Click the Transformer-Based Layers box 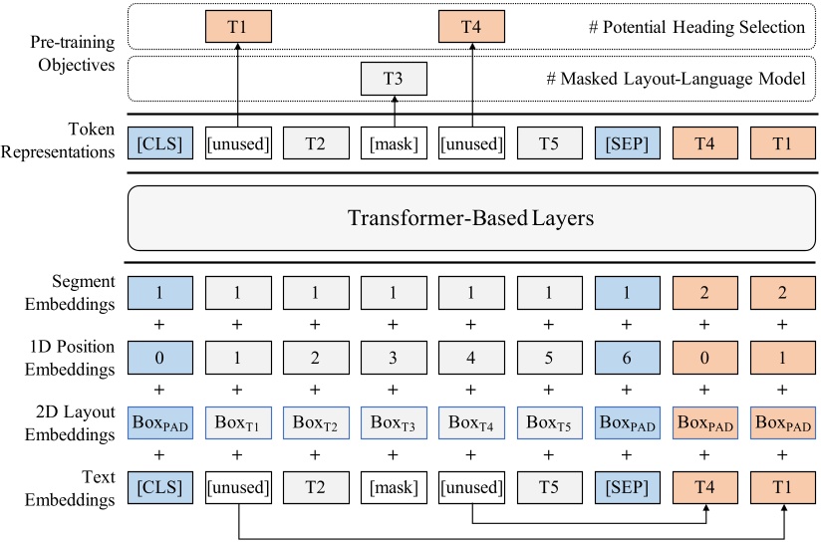[x=470, y=218]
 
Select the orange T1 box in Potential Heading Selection [x=238, y=26]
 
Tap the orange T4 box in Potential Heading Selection [x=471, y=26]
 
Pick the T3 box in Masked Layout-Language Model [x=394, y=79]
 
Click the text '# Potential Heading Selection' [x=696, y=27]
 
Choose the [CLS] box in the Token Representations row [x=160, y=142]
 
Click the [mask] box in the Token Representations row [x=394, y=142]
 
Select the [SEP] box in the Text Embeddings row [x=626, y=487]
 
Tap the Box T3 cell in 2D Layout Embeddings [x=394, y=421]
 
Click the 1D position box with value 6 [x=626, y=356]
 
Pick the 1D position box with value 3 [x=394, y=356]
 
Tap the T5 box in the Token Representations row [x=548, y=142]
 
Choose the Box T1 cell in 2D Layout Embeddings [x=238, y=421]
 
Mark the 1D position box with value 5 [x=548, y=356]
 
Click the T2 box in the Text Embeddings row [x=316, y=487]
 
